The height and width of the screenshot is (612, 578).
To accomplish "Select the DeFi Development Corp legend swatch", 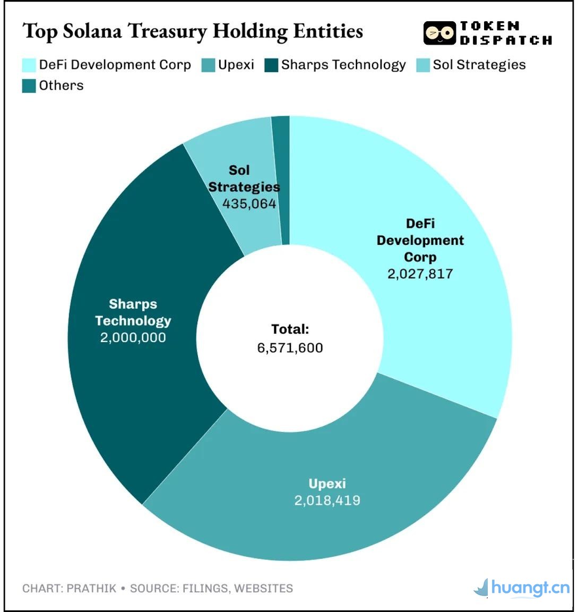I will [x=29, y=65].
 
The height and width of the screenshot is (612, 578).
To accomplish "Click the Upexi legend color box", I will [x=209, y=65].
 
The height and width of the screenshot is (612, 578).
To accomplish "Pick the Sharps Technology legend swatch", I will [x=271, y=65].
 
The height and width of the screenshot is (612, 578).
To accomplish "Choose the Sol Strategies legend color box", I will [x=423, y=65].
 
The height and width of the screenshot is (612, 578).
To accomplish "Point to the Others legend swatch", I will [x=29, y=86].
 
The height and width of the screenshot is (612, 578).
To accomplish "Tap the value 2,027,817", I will [x=420, y=274].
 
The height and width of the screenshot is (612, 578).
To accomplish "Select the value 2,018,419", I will [x=327, y=500].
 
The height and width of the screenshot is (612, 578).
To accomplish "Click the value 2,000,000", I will [x=133, y=338].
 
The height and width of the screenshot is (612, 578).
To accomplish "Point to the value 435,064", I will [x=249, y=204].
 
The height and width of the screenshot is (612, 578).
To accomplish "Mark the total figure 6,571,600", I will [x=290, y=348].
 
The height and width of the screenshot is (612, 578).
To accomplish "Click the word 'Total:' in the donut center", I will [x=290, y=329].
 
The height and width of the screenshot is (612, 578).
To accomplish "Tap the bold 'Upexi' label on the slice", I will [x=327, y=484].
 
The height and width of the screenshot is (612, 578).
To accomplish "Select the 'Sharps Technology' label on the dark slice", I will [x=133, y=312].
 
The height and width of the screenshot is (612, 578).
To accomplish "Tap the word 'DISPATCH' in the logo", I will [x=506, y=40].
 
